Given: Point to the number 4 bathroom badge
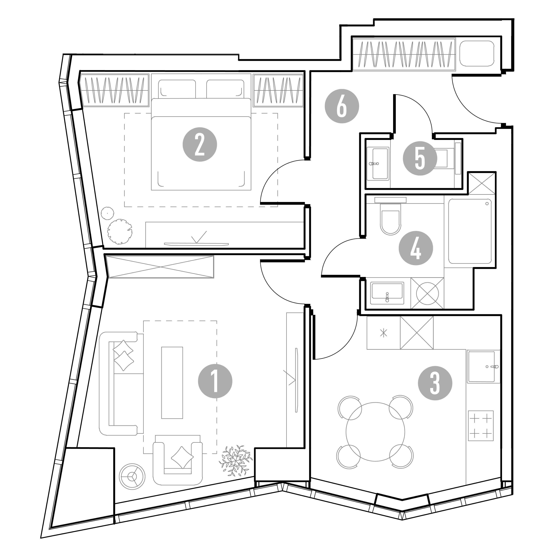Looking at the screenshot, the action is [x=416, y=248].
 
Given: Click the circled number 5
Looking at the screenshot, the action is [x=420, y=158].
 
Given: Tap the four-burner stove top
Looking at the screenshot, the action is [x=481, y=426].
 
